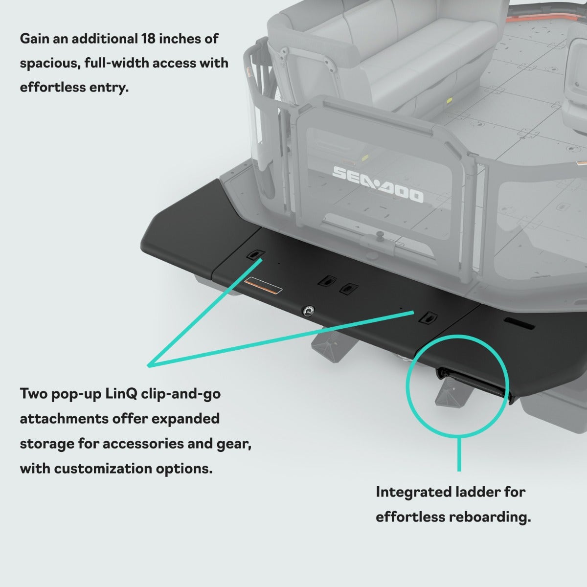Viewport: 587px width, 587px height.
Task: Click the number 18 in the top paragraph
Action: tap(148, 39)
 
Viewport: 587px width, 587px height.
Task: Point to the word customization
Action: tap(103, 469)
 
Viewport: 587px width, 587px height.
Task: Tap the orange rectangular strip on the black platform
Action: tap(263, 286)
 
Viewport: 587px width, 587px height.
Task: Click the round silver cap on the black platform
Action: tap(308, 311)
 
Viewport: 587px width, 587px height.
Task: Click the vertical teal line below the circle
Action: tap(459, 454)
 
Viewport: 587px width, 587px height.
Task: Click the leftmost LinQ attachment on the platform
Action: tap(255, 254)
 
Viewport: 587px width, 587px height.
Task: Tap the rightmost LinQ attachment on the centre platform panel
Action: tap(428, 318)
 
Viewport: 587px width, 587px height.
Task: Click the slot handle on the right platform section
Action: tap(519, 323)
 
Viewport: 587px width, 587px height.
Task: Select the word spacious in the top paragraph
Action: tap(50, 64)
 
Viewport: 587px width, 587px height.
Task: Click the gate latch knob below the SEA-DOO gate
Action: tap(380, 235)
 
